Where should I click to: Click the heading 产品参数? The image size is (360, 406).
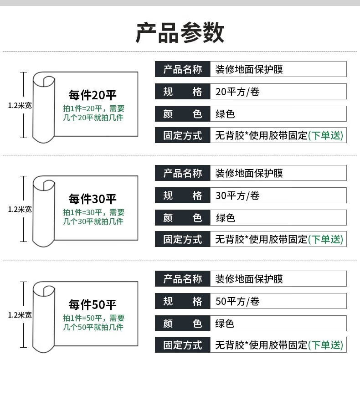(x=180, y=33)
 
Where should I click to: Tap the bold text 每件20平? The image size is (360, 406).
(x=93, y=95)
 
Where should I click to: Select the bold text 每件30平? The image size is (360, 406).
(x=93, y=199)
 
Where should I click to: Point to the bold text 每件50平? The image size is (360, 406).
(x=93, y=305)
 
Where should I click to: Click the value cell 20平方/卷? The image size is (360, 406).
(x=237, y=92)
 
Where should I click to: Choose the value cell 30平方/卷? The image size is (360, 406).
(x=237, y=196)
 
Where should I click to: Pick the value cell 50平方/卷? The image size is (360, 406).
(x=237, y=302)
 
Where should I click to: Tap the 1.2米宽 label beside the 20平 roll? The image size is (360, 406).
(x=20, y=105)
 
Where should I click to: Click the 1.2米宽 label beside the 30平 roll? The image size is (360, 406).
(x=20, y=209)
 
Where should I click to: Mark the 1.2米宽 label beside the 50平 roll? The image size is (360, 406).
(x=20, y=315)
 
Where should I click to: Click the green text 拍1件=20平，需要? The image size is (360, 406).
(x=93, y=108)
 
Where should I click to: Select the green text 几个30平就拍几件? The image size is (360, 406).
(x=93, y=221)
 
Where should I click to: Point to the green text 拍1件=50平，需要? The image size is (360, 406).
(x=93, y=318)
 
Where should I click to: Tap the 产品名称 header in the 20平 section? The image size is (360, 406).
(x=182, y=69)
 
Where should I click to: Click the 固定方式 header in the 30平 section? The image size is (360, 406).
(x=182, y=239)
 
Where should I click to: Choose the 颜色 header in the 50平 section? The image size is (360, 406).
(x=182, y=324)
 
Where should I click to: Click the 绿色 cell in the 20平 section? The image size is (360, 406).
(x=225, y=114)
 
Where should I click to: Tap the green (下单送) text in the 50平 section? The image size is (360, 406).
(x=325, y=345)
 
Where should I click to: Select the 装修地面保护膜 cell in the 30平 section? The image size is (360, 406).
(x=249, y=173)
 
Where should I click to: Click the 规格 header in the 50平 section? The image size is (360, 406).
(x=182, y=302)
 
